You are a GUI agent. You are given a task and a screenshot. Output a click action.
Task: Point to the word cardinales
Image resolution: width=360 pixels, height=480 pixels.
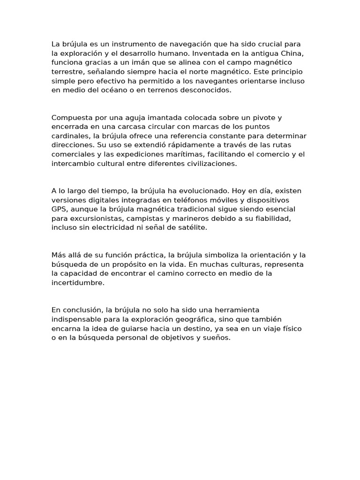70,136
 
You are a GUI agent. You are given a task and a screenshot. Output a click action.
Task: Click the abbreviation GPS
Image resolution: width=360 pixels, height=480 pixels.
60,209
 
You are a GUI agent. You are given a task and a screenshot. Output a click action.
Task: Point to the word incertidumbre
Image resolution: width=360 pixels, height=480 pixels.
78,283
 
